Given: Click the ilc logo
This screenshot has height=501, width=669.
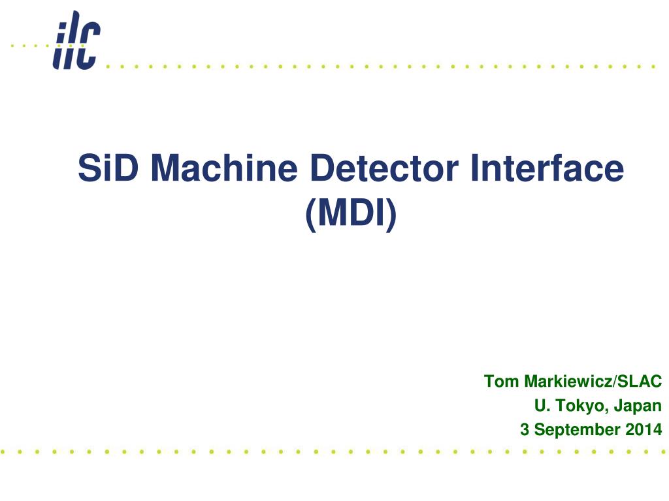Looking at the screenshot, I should (x=77, y=40).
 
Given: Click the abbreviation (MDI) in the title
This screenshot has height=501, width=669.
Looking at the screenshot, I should (x=351, y=215).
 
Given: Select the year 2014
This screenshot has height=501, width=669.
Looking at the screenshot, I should (x=644, y=430).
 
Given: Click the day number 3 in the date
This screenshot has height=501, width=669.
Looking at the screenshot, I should (x=525, y=430).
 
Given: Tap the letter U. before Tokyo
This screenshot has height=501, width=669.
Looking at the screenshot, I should (x=542, y=406).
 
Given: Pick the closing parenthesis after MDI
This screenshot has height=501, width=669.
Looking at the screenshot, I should (x=391, y=215).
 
